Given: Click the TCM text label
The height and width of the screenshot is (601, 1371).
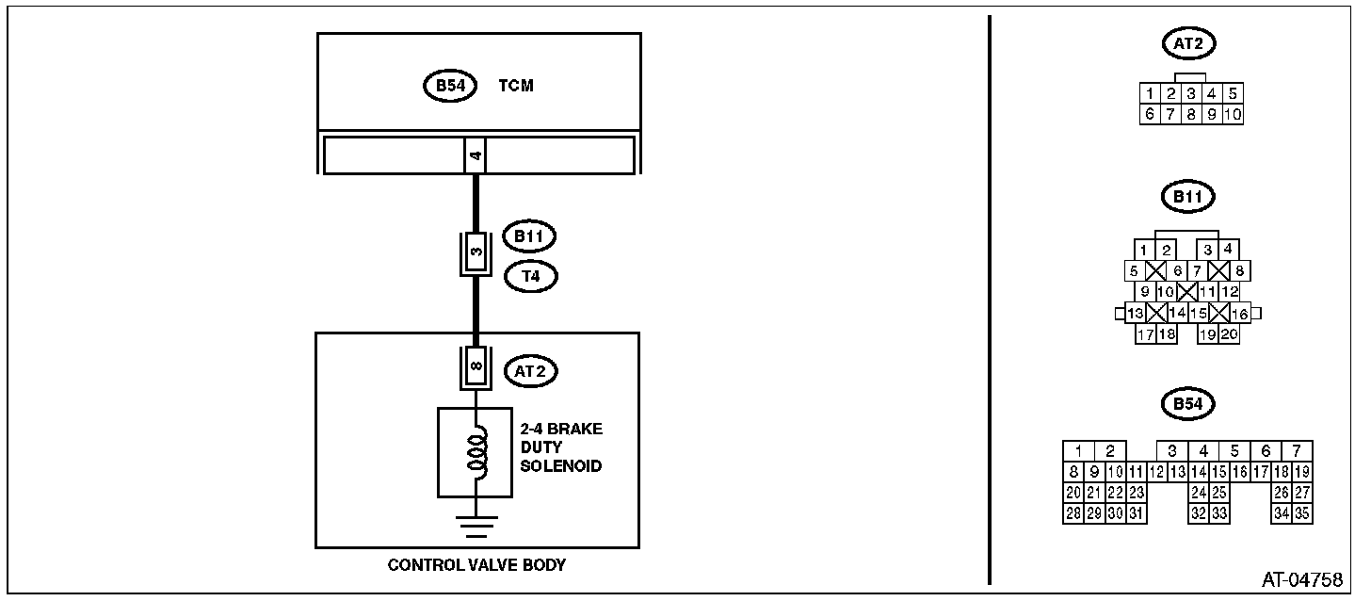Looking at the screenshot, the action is tap(516, 86).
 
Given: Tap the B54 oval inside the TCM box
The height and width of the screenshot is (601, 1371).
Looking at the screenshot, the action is tap(450, 86).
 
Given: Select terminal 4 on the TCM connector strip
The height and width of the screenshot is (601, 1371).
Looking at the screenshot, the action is tap(476, 155).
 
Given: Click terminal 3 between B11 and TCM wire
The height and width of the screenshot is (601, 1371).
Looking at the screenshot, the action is tap(476, 252).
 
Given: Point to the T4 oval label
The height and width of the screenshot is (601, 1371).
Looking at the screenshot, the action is tap(531, 276).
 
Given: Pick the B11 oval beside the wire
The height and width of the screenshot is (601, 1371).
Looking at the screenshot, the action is tap(529, 236).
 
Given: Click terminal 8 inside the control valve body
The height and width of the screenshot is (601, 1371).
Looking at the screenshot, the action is tap(476, 366).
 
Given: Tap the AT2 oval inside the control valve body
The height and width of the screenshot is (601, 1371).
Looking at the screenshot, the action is tap(531, 371).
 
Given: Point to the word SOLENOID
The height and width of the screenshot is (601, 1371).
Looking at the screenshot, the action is tap(561, 466).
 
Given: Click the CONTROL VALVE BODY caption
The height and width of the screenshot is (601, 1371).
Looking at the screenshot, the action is tap(476, 565).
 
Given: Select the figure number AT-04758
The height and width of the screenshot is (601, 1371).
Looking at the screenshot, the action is tap(1302, 579).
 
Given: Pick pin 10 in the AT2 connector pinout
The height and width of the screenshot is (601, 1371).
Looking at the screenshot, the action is tap(1233, 114).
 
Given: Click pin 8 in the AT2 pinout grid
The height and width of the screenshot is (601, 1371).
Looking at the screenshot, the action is tap(1191, 114).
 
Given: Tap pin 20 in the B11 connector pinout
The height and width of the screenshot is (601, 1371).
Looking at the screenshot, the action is tap(1229, 334).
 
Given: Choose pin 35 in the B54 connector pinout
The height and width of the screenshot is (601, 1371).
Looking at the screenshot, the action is tap(1302, 513).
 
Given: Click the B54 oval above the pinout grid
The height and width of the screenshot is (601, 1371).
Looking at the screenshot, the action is tap(1188, 404).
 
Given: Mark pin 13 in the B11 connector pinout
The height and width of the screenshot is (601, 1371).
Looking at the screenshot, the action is tap(1136, 314).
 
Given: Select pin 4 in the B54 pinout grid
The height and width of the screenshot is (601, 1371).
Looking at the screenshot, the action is tap(1203, 451).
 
